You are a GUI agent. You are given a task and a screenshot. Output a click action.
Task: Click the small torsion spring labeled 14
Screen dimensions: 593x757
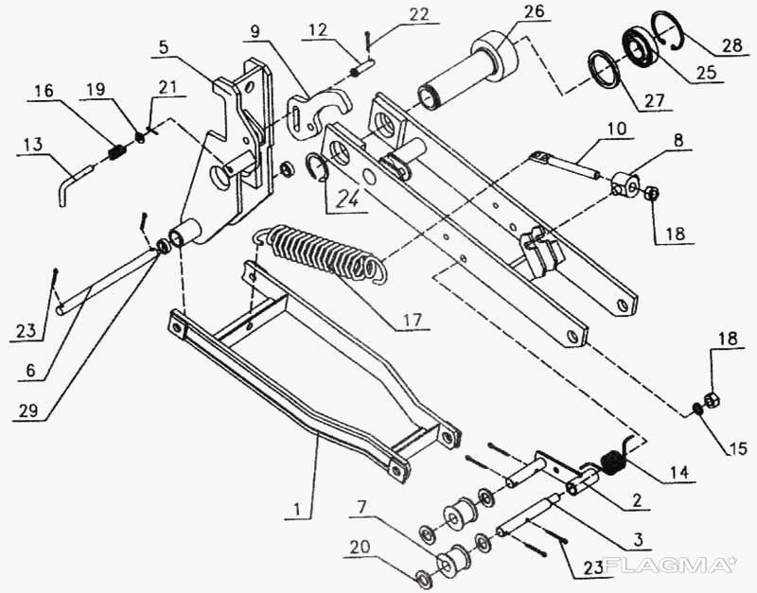tap(612, 462)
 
